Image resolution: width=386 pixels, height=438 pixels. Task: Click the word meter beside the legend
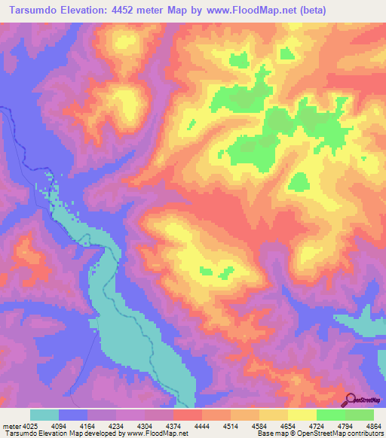pos(11,427)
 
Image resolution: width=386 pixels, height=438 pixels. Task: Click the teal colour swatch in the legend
pos(44,415)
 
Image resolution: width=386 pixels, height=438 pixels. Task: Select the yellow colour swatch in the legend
pos(302,415)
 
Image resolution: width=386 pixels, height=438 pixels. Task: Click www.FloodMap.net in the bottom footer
pos(158,434)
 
